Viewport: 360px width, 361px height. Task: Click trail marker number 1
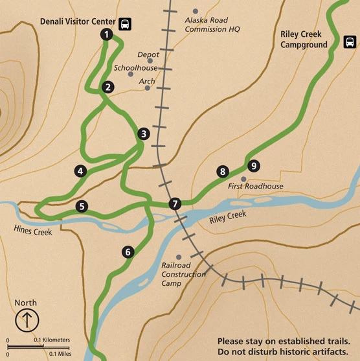(x=106, y=35)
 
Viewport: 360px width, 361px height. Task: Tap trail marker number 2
(x=108, y=86)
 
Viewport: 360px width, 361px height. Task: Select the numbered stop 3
(x=144, y=134)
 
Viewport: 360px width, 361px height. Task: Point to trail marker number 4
(x=80, y=171)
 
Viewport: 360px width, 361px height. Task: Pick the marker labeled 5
(x=81, y=207)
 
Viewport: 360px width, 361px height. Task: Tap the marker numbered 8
(x=223, y=172)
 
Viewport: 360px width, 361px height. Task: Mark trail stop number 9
(x=254, y=166)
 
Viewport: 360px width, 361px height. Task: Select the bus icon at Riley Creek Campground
(x=350, y=43)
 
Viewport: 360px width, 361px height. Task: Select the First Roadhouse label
(x=256, y=187)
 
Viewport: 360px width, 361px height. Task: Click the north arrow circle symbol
(x=26, y=320)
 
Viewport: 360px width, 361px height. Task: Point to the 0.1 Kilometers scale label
(x=52, y=340)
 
